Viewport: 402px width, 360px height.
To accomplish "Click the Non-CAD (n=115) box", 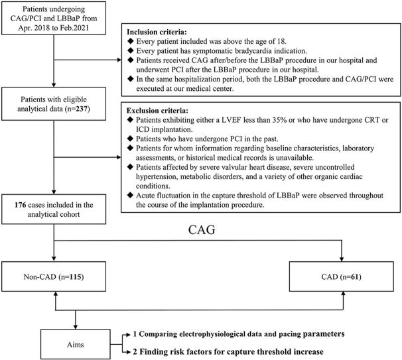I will pyautogui.click(x=50, y=273).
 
